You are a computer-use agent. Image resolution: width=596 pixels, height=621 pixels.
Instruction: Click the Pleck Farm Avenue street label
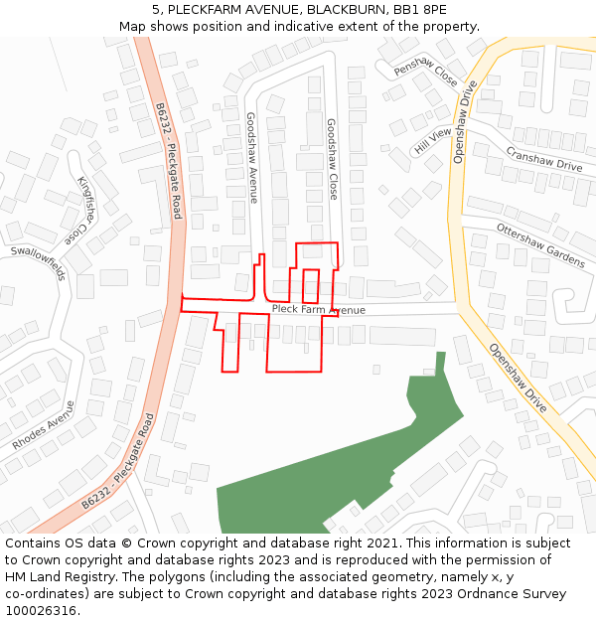pos(318,310)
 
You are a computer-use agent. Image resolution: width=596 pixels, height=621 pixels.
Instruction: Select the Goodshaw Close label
pos(332,159)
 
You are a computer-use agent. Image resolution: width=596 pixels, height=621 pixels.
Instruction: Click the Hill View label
pos(432,140)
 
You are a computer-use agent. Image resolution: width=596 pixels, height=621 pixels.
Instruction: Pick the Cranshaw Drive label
pos(543,159)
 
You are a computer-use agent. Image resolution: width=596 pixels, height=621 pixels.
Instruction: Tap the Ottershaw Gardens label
pos(540,244)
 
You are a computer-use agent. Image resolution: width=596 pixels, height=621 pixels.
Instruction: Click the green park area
pos(328,477)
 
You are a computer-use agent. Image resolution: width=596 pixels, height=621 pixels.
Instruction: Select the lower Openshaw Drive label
pos(518,378)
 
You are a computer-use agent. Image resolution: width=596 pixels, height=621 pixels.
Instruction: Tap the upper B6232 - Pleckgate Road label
pos(169,161)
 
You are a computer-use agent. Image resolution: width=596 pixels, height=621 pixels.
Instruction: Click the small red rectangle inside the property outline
pos(311,285)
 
